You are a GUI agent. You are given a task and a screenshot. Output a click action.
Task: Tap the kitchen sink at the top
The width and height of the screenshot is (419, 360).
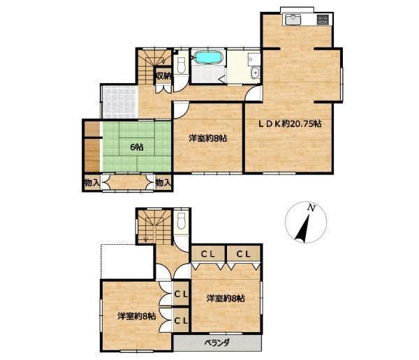[x=293, y=20]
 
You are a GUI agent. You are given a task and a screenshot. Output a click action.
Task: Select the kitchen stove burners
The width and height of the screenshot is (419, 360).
[x=323, y=20]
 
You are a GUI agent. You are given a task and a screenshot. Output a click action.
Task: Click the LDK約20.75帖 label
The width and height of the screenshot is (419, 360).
[x=289, y=124]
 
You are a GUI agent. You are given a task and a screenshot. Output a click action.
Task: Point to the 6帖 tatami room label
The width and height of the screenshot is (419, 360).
[x=136, y=147]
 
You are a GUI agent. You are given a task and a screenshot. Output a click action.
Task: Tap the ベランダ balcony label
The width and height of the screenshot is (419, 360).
[x=217, y=343]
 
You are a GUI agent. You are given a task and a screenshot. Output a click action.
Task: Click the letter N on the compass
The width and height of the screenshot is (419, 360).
[x=311, y=208]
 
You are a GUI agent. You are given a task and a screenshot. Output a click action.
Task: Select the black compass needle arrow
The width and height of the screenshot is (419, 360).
[x=302, y=228]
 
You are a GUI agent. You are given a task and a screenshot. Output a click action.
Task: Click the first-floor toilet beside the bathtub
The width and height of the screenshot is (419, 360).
[x=181, y=66]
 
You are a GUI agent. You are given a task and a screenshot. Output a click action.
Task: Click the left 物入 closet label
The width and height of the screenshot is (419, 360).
[x=92, y=183]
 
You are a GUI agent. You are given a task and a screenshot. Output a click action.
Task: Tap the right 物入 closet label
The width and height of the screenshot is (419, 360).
[x=163, y=183]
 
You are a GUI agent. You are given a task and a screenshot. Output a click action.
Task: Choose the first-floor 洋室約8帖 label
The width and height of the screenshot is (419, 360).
[x=208, y=138]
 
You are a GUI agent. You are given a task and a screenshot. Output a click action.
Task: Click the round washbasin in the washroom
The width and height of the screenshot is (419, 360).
[x=255, y=73]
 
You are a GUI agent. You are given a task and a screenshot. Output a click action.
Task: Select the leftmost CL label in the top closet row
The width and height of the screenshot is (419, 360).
[x=208, y=254]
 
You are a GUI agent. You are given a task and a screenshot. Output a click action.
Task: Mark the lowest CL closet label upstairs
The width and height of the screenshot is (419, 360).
[x=181, y=320]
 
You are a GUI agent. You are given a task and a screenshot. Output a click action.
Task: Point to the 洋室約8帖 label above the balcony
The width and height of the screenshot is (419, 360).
[x=226, y=298]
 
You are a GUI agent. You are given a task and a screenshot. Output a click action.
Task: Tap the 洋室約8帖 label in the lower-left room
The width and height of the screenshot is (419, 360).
[x=137, y=316]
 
